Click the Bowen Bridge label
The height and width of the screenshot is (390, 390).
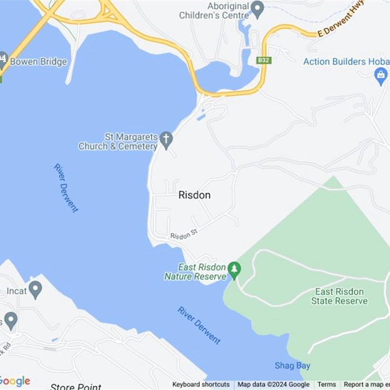38,62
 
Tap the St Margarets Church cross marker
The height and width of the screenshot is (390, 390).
166,140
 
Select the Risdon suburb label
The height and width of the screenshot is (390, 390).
195,195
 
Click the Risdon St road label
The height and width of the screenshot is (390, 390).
183,233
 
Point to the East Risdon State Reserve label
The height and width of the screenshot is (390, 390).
339,296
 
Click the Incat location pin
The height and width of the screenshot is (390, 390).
35,290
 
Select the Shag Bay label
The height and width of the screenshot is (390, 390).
292,366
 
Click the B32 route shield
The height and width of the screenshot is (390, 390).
264,60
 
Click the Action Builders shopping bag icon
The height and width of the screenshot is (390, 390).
381,76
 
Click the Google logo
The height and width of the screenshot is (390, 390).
15,381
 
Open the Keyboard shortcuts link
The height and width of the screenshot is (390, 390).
201,385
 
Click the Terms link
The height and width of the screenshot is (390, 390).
327,385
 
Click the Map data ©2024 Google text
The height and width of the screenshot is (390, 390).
273,385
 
